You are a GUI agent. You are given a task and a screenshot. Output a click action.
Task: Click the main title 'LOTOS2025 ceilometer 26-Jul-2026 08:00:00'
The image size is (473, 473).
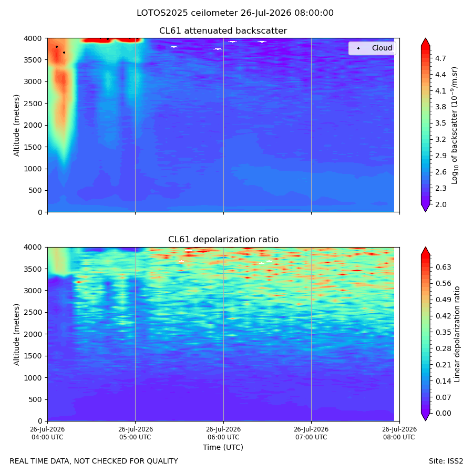[235, 13]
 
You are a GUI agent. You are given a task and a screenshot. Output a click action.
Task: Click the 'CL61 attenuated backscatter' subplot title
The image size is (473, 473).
[223, 31]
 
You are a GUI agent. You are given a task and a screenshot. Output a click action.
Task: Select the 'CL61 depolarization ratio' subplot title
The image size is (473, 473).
[223, 240]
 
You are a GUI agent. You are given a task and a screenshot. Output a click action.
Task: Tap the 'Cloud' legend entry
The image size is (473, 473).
[382, 48]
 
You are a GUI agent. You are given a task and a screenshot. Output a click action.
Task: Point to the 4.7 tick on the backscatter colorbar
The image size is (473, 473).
[440, 58]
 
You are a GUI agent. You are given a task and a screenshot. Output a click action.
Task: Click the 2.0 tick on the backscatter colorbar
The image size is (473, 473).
[440, 204]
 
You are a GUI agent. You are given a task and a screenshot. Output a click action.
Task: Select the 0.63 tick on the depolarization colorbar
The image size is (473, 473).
[443, 268]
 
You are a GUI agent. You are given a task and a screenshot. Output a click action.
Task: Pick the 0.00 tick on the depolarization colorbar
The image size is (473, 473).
[443, 413]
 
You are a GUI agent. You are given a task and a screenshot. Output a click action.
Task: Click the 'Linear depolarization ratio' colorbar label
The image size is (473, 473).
[457, 334]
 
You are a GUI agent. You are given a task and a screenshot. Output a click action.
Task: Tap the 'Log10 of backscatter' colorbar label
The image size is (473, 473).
[455, 126]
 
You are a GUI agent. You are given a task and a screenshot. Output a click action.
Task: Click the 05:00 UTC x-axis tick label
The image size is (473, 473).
[135, 433]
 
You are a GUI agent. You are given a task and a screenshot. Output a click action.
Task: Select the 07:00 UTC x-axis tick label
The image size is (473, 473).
[311, 433]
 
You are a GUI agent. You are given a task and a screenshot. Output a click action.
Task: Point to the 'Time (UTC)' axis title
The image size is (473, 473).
[223, 447]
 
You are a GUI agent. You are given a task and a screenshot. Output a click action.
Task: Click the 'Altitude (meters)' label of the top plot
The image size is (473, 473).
[16, 126]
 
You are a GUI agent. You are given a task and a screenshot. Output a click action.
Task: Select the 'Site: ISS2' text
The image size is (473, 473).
[446, 461]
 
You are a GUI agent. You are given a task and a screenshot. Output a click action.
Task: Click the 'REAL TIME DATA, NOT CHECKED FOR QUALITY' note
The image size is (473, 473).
[94, 461]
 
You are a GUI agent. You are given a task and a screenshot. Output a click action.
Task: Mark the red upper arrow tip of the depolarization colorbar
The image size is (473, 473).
[425, 247]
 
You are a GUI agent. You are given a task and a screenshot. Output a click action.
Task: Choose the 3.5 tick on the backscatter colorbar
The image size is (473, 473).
[440, 123]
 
